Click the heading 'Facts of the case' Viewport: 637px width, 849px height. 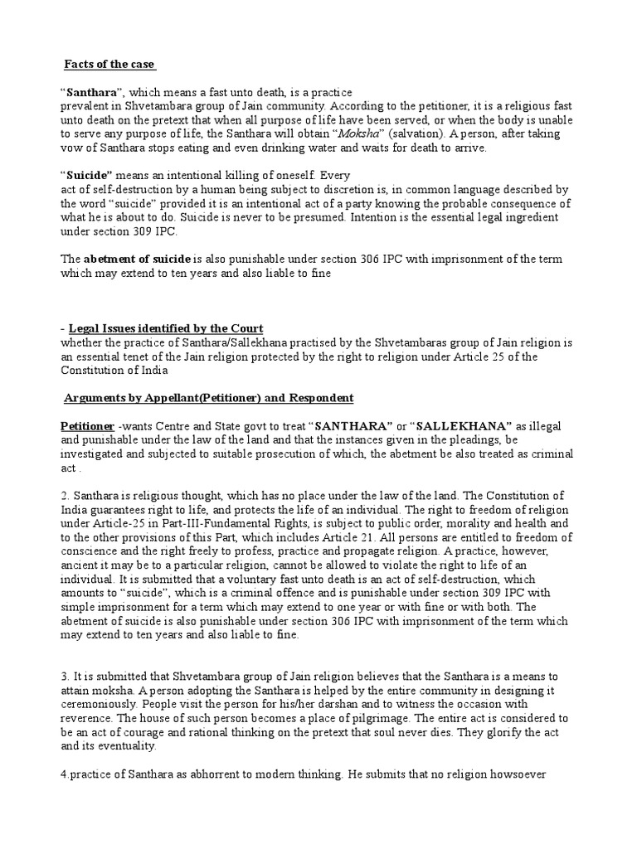pos(109,65)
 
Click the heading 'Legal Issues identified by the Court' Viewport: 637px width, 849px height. pos(166,329)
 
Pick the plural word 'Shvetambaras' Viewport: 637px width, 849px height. pos(369,343)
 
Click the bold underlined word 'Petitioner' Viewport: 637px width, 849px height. pos(88,426)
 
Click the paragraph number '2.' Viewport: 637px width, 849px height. pos(65,496)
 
